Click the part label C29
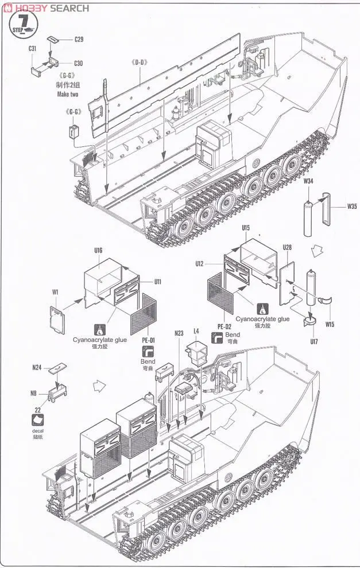point(79,39)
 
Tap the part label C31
point(33,49)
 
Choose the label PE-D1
point(148,340)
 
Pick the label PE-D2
point(224,326)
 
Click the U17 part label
point(313,342)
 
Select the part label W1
point(55,292)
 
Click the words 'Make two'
point(67,94)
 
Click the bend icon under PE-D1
point(148,351)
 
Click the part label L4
point(196,331)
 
